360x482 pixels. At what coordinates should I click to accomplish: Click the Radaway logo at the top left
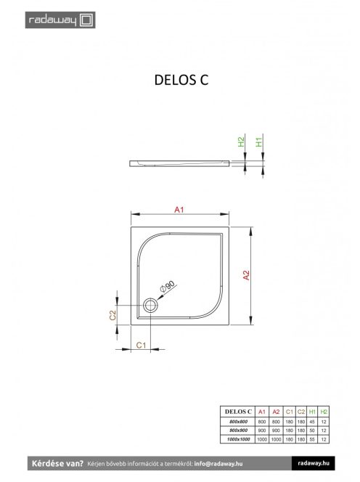coord(50,19)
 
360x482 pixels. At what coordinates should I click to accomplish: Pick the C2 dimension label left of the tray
coord(113,316)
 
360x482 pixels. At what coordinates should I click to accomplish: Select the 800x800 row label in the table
coord(237,421)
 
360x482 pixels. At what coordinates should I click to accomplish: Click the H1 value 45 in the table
coord(313,421)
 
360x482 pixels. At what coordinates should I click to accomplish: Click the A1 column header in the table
coord(263,412)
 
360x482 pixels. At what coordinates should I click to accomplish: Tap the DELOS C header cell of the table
coord(237,412)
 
